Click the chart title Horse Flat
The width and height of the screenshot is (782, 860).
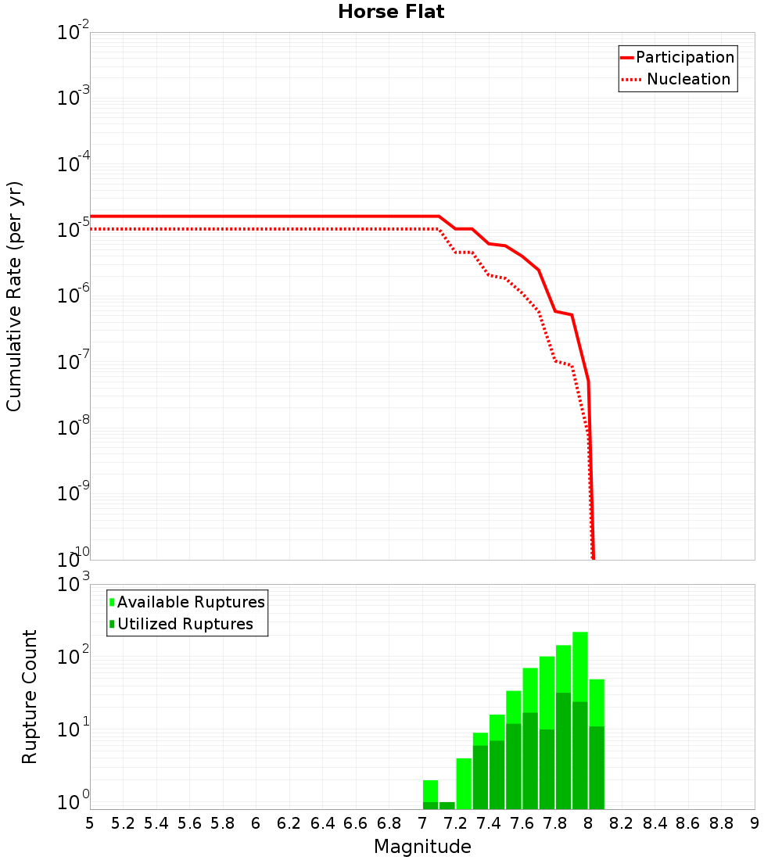pos(391,12)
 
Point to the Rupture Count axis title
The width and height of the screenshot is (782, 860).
pos(30,697)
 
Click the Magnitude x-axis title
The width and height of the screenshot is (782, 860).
pos(422,847)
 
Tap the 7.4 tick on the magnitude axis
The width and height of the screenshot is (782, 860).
pos(489,823)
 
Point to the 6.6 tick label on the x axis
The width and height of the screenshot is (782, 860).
pos(356,823)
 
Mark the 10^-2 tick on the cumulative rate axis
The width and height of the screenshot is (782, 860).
pos(74,33)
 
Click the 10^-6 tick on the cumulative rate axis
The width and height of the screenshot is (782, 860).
pos(74,296)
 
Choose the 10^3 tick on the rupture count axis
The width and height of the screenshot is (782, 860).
pos(74,585)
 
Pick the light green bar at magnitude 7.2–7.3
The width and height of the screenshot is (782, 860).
pos(464,782)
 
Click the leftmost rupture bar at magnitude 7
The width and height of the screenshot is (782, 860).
pos(430,794)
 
